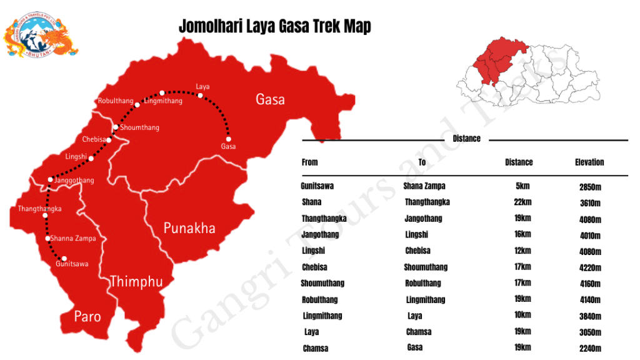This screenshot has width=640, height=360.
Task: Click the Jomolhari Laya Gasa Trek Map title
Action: [274, 26]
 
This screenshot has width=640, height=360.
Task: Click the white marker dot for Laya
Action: [200, 96]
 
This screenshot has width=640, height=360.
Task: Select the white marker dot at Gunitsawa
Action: [64, 258]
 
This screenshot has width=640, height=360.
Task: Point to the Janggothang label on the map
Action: [74, 181]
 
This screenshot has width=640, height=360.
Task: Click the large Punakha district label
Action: [189, 228]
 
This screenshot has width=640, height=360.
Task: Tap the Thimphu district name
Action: [136, 282]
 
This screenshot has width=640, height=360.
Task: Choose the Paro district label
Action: [87, 316]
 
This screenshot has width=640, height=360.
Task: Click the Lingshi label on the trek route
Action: [76, 157]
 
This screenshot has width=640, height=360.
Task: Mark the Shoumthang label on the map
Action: [140, 127]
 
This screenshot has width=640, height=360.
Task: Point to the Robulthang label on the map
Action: [116, 101]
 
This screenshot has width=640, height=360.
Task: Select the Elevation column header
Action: [589, 162]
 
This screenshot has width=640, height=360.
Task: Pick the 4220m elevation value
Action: [590, 268]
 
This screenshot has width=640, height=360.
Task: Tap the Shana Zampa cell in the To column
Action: [425, 186]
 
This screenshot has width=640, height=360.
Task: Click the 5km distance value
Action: [521, 186]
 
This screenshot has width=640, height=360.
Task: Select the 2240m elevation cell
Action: [590, 349]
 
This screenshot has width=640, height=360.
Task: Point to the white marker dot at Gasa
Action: [229, 139]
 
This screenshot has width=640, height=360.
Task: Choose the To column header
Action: [422, 162]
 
